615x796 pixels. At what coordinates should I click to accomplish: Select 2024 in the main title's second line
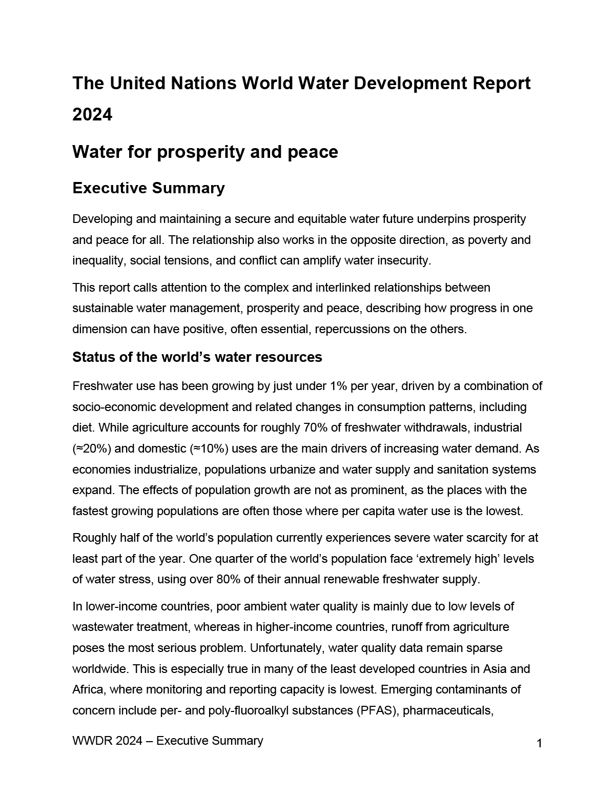92,115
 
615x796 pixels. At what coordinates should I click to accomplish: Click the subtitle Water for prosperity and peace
205,152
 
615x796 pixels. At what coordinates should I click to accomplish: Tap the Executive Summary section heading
149,188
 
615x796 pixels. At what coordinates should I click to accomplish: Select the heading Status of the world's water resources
197,357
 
